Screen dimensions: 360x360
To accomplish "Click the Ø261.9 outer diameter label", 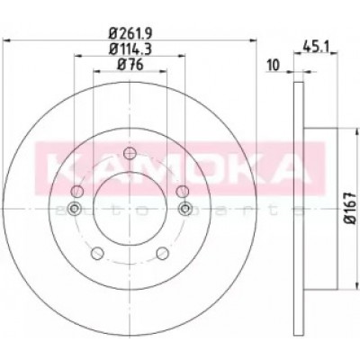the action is tap(130, 32).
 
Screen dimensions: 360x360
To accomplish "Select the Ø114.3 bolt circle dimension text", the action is tap(130, 49).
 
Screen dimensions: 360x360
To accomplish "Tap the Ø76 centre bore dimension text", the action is tap(130, 65).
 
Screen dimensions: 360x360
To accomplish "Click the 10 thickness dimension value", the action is tap(273, 65).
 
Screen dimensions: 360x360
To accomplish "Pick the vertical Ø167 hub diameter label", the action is tap(351, 208).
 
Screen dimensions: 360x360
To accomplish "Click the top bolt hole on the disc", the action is tap(130, 153).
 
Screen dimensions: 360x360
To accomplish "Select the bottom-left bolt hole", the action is tap(97, 253).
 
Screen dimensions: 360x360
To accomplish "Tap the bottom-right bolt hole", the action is tap(162, 253).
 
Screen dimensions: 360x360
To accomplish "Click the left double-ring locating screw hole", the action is tap(74, 209).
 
